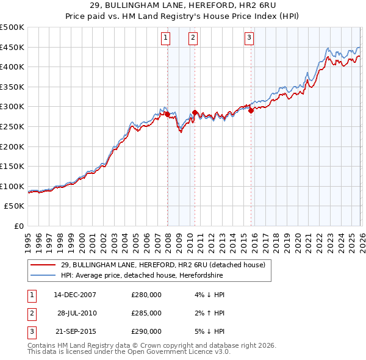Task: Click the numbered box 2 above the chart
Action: point(193,38)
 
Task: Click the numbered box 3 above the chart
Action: point(249,38)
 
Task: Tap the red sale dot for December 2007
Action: point(167,114)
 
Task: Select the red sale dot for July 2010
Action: point(195,112)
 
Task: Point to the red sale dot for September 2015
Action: point(251,110)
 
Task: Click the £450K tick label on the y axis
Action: point(12,47)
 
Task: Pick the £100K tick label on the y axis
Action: point(12,186)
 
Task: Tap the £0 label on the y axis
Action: point(18,226)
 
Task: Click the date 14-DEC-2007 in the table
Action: point(75,295)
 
